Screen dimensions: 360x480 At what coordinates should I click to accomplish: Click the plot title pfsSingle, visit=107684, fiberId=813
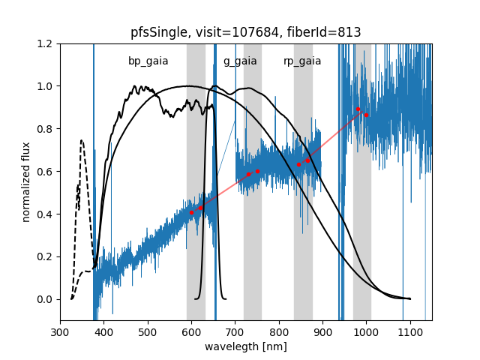(245, 32)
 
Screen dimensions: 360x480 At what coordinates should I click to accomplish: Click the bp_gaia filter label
(148, 61)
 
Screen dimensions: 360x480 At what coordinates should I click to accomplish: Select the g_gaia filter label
(240, 61)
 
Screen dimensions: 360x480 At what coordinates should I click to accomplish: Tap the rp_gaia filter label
(302, 61)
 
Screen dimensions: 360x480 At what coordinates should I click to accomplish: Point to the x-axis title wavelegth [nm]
(245, 346)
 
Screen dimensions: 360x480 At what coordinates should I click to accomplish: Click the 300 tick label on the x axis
(60, 332)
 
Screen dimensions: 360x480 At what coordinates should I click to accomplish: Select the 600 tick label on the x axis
(191, 332)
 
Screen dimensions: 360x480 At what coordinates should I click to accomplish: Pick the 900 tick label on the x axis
(322, 332)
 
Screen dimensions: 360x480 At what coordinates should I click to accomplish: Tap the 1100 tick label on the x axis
(410, 332)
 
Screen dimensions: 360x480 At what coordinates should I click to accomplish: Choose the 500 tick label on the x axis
(148, 332)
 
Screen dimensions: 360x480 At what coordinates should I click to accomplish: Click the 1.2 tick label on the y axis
(46, 43)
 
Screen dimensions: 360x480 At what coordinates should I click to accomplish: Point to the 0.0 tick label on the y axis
(46, 299)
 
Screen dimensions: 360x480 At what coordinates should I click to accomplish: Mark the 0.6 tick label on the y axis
(46, 172)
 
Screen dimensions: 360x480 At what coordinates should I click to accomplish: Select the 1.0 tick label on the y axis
(46, 86)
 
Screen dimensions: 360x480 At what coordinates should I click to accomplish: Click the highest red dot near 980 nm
(358, 109)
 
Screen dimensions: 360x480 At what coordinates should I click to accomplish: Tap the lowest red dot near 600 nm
(191, 212)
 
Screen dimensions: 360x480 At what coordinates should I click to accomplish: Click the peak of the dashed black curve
(82, 140)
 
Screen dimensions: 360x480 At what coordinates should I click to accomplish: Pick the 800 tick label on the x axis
(279, 332)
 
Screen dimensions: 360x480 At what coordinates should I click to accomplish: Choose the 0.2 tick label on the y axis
(46, 256)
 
